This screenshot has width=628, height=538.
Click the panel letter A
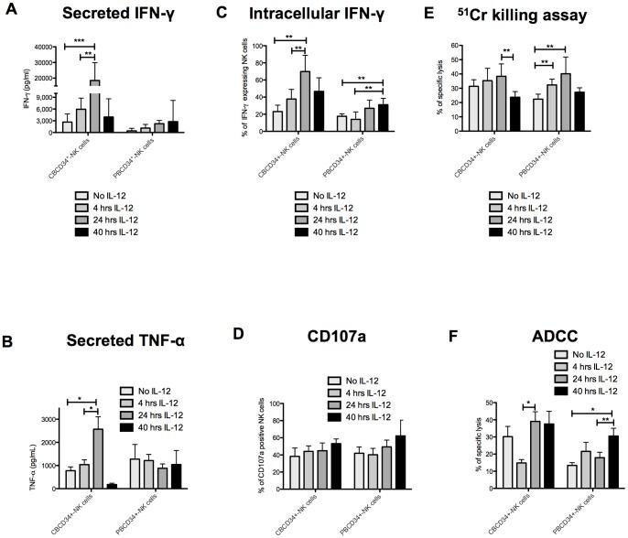pyautogui.click(x=8, y=12)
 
